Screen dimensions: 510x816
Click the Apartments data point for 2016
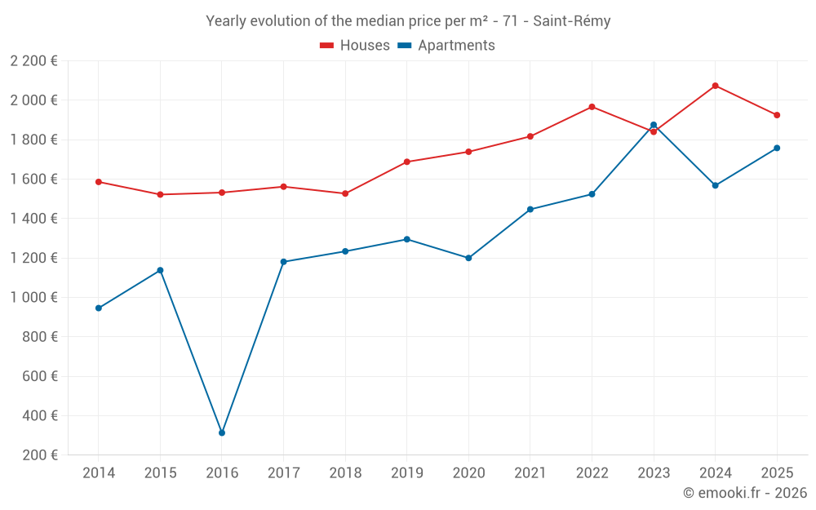pos(222,432)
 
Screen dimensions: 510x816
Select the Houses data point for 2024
pos(715,86)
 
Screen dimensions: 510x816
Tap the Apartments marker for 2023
pos(654,125)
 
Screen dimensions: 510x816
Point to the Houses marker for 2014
pos(99,182)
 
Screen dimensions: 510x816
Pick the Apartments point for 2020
pos(468,258)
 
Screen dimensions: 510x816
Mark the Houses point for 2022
pos(592,107)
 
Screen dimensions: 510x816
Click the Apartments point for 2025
pos(777,148)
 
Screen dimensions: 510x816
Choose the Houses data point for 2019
pos(407,162)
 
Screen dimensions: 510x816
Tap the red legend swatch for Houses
pos(327,46)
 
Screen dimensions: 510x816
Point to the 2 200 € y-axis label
pos(34,60)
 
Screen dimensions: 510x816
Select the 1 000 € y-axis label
pos(34,297)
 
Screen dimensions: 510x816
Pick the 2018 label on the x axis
pos(345,473)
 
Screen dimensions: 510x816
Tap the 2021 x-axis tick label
pos(530,473)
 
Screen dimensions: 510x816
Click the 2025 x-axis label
pos(777,473)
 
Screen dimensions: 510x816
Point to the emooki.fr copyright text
pos(744,493)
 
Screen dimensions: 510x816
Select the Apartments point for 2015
pos(160,270)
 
